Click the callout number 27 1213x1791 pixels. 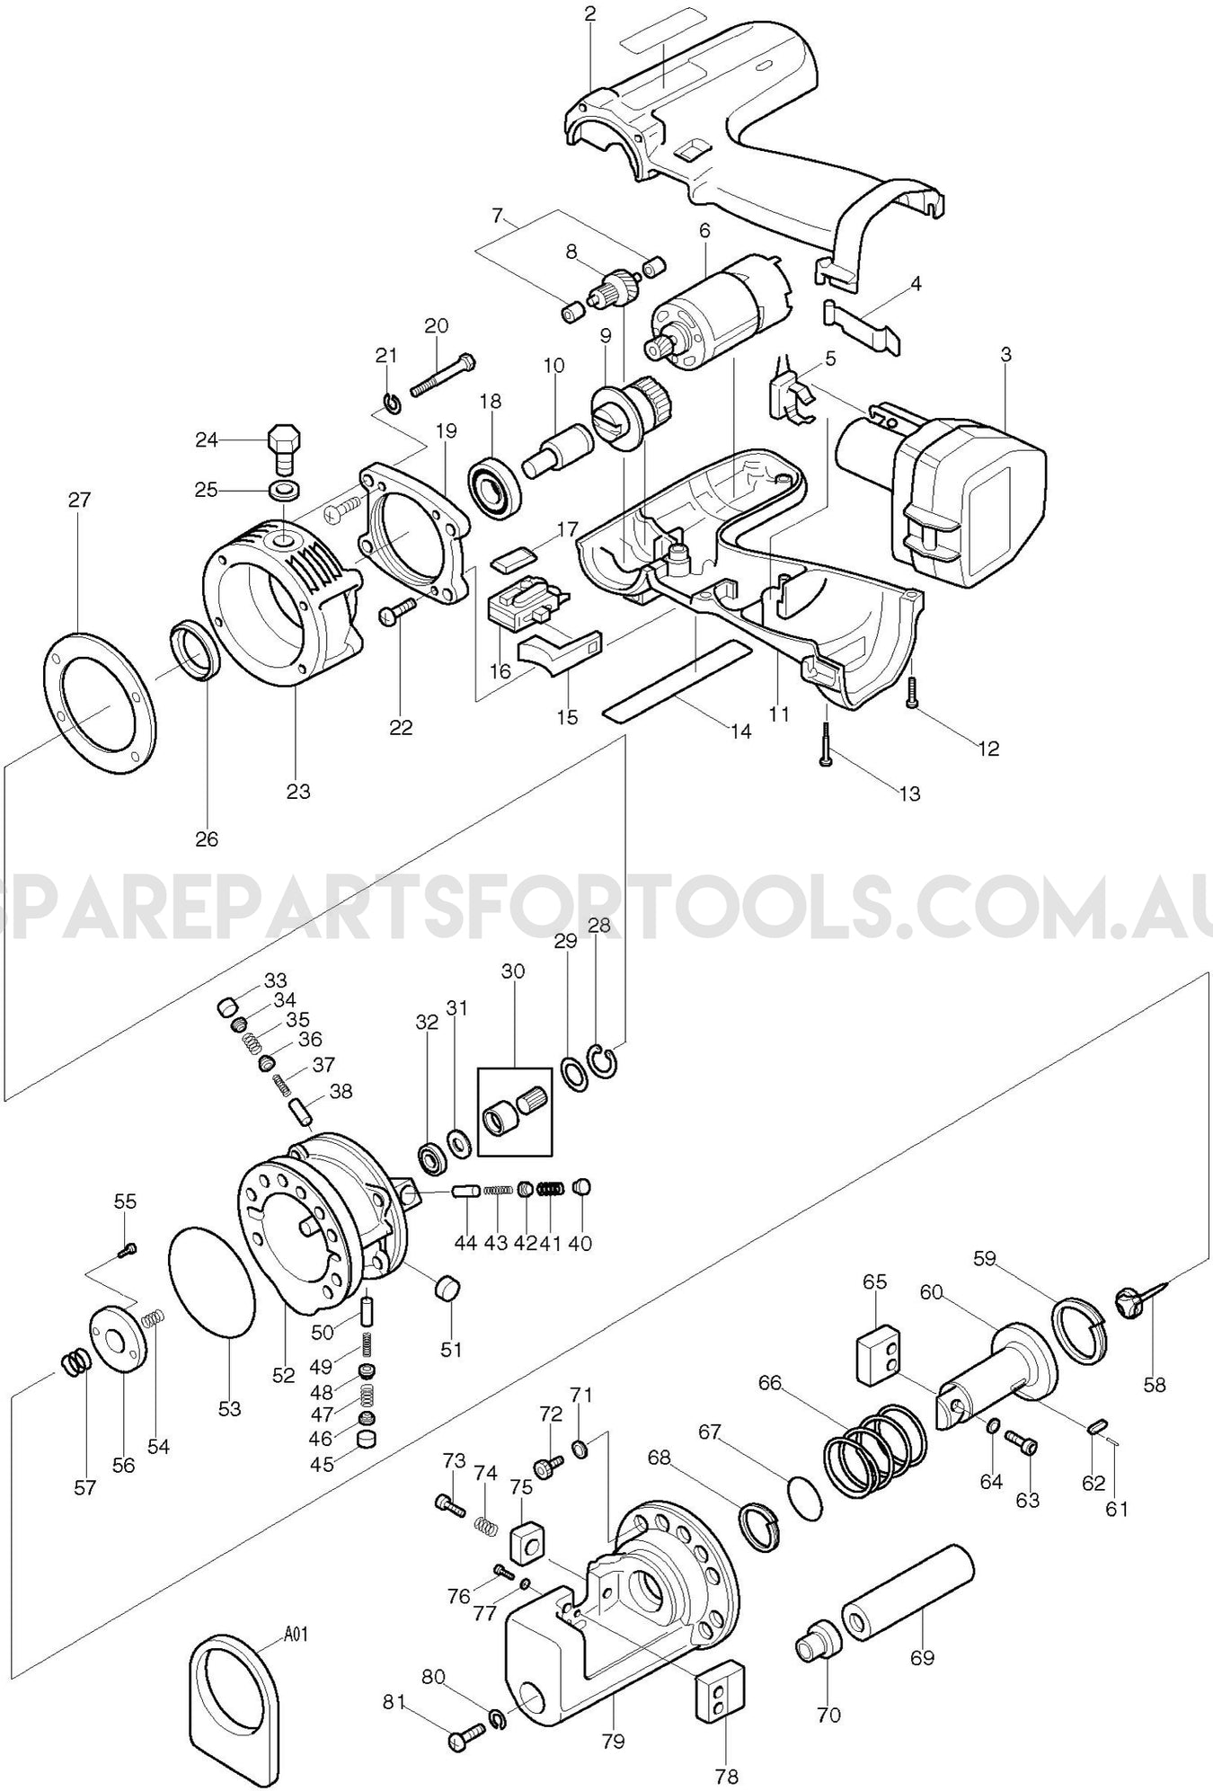tap(80, 500)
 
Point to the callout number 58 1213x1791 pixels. tap(1154, 1385)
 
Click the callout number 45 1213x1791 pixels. tap(322, 1464)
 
